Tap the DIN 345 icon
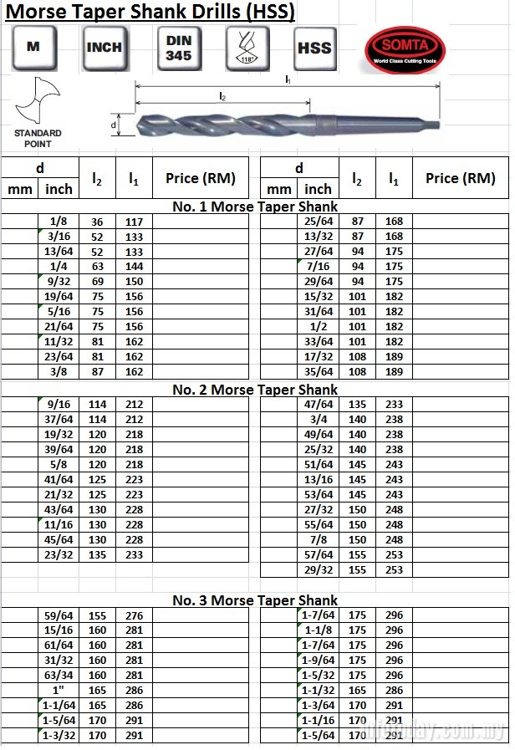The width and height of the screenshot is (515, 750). coord(178,48)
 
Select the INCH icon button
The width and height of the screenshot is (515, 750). coord(104,48)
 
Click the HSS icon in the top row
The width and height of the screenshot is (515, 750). coord(314,48)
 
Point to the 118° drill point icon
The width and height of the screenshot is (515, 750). coord(247,48)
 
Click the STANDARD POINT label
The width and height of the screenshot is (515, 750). coord(38,137)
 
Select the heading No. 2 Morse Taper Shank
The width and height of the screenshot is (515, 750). coord(255,390)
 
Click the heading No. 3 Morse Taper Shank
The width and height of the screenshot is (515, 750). coord(255,600)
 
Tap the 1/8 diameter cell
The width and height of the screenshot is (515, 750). coord(59,222)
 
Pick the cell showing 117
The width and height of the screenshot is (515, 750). coord(134,222)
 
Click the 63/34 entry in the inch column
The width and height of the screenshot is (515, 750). coord(59,676)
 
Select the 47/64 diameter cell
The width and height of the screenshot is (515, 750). coord(319,405)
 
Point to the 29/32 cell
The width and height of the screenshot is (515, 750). coord(319,570)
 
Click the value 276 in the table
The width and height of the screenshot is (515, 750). coord(134,615)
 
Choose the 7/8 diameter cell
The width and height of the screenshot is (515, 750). coord(319,540)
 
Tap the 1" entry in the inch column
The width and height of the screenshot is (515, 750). coord(59,691)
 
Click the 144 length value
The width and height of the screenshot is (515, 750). coord(134,267)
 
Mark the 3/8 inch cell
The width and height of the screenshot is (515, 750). coord(59,372)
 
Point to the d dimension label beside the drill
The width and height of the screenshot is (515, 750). coord(113,125)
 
